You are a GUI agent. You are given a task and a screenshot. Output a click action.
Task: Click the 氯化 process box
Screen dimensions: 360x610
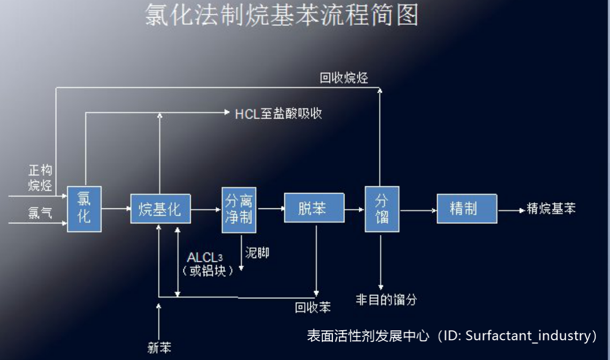[x=84, y=209]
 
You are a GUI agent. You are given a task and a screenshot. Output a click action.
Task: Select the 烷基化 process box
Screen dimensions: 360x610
[x=160, y=209]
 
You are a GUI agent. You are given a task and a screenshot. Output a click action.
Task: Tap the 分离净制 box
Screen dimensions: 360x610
[x=239, y=208]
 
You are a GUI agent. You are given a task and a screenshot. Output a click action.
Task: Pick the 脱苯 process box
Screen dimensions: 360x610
[x=312, y=208]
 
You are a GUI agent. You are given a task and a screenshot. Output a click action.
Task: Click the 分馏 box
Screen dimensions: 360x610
[x=382, y=208]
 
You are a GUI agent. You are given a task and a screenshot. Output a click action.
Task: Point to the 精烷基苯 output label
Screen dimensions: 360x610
[x=551, y=209]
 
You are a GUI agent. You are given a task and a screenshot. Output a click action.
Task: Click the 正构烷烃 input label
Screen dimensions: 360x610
[x=40, y=178]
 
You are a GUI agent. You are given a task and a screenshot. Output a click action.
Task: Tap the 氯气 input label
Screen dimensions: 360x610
[x=40, y=212]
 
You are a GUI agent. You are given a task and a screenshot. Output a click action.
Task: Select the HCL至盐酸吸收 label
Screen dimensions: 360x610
[x=278, y=114]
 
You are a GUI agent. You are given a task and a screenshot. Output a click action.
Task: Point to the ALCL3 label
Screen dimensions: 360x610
[x=205, y=258]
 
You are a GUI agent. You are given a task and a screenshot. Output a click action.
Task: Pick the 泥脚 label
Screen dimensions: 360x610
[x=257, y=254]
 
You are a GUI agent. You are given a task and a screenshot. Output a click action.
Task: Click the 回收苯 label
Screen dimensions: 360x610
[x=313, y=308]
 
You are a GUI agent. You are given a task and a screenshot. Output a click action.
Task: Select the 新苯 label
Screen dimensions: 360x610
[x=159, y=347]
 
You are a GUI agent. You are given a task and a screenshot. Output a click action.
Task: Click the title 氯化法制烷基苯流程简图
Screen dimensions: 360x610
[x=282, y=15]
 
